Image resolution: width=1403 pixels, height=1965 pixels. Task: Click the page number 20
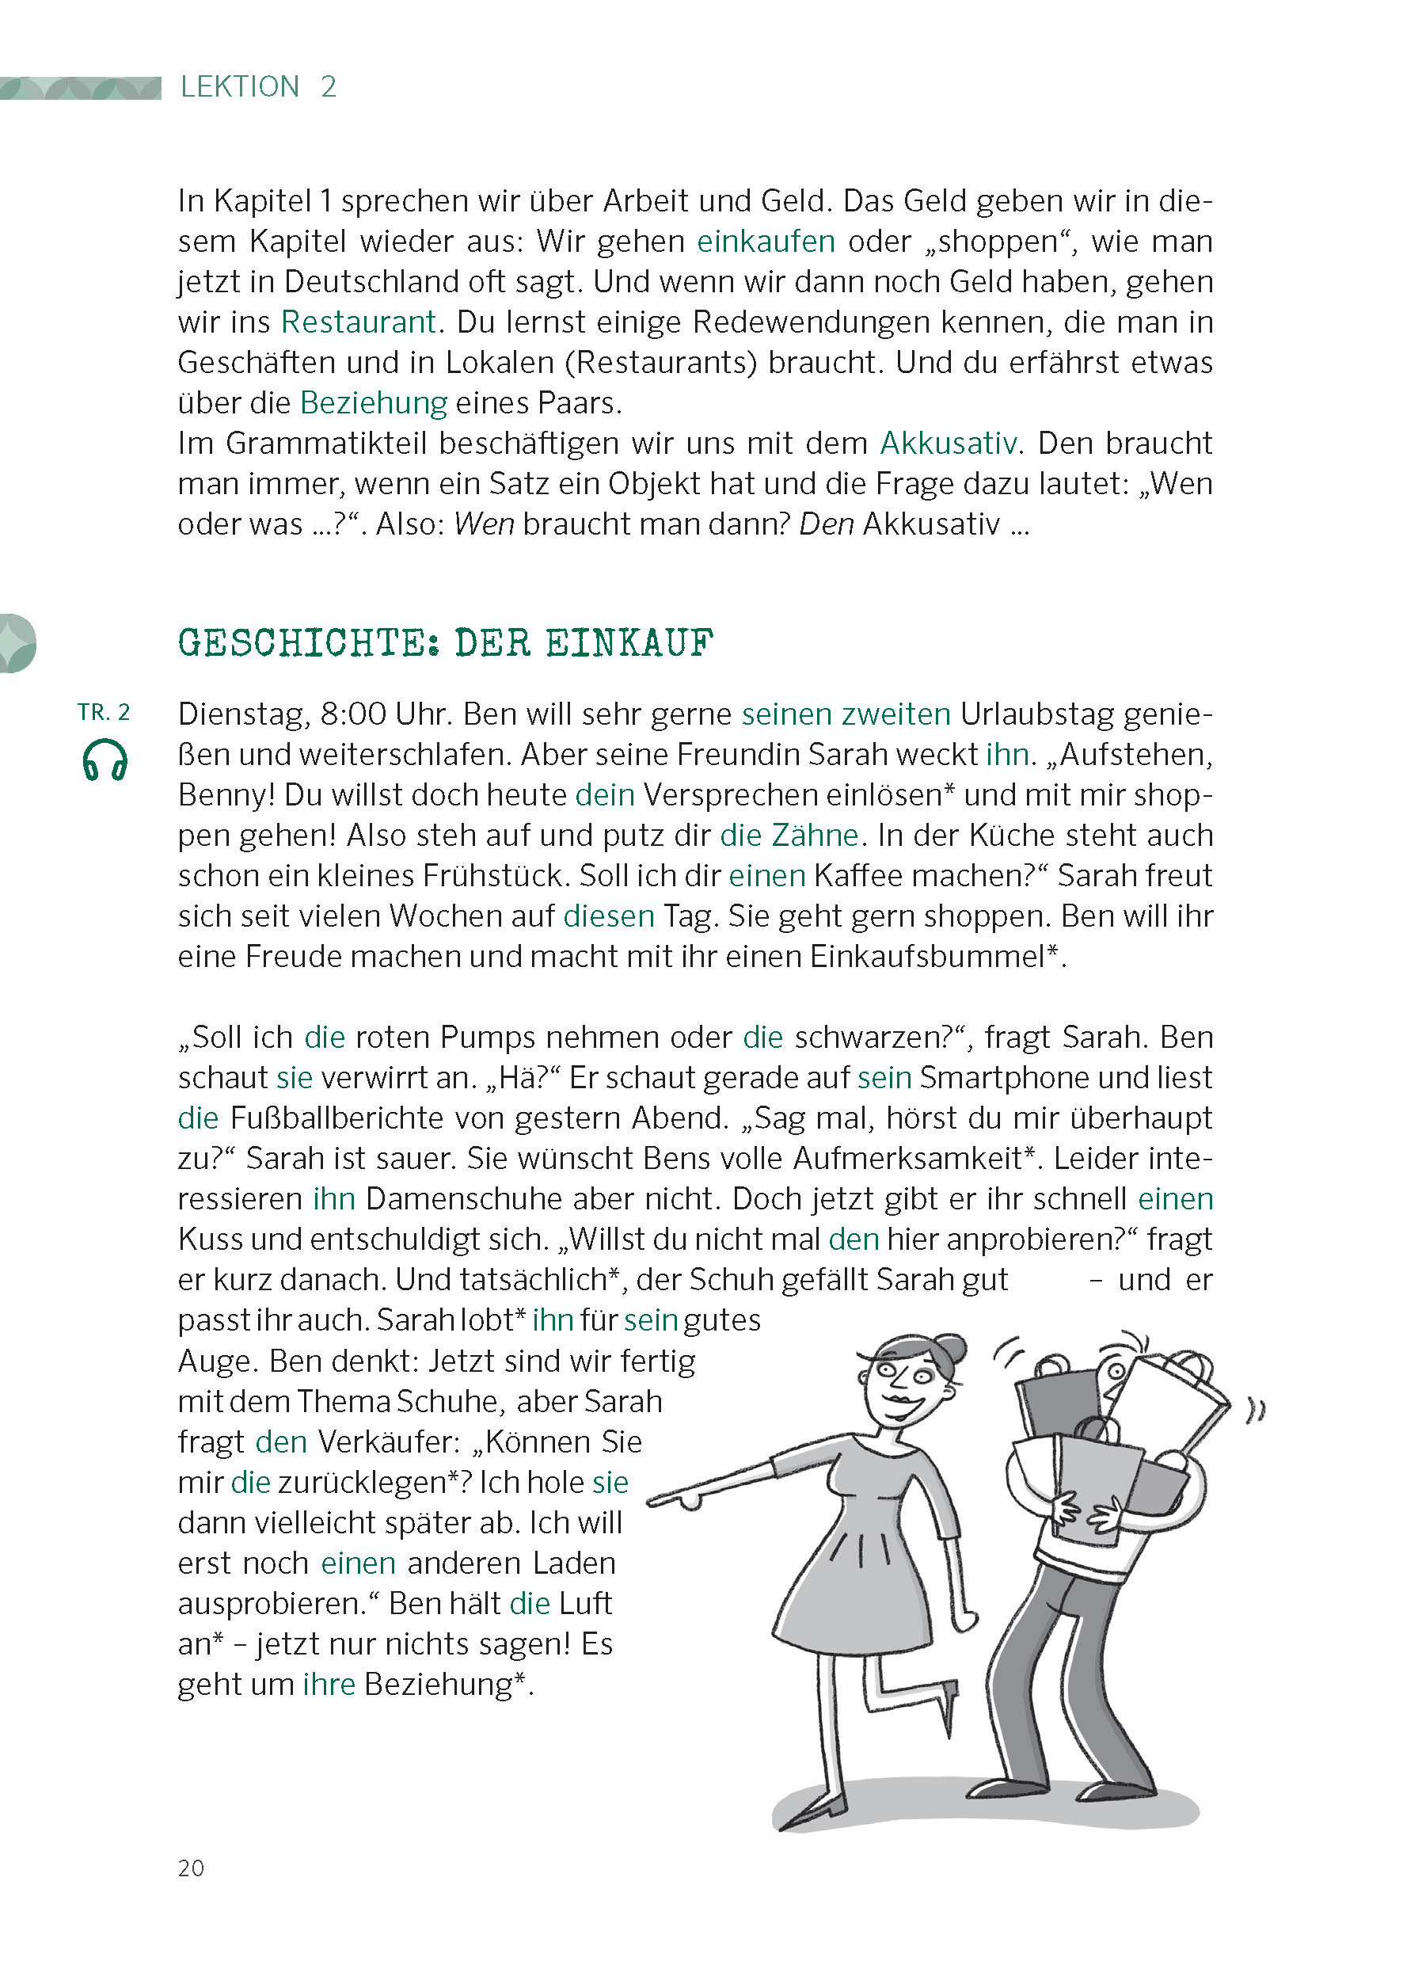191,1868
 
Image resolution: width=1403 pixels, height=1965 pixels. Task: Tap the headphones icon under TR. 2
105,760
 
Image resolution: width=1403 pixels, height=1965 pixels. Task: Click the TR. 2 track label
104,712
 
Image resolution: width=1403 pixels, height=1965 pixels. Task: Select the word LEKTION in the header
239,86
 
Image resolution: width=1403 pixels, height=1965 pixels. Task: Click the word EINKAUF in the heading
629,643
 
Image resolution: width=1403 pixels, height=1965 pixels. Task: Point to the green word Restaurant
359,322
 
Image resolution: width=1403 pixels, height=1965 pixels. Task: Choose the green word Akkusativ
948,444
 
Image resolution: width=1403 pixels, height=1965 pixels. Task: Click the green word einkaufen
766,241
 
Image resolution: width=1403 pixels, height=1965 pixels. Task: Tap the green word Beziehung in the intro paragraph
373,402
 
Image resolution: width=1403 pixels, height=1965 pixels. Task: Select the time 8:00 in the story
352,714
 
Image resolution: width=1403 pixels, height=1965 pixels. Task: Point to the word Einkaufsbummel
927,957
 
